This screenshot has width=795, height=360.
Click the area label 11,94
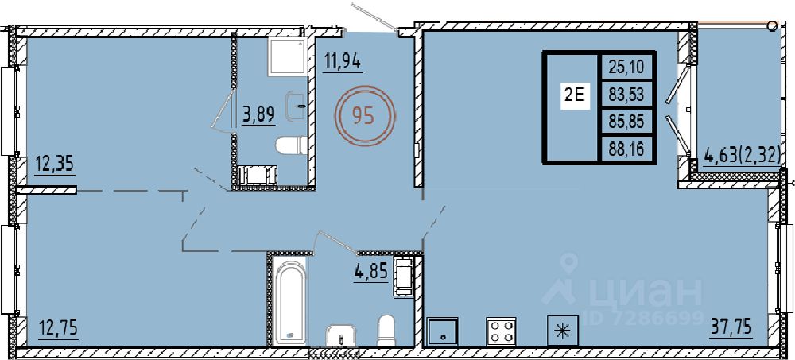(x=342, y=62)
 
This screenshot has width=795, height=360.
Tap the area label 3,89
(x=258, y=114)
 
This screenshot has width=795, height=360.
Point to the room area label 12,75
(x=58, y=328)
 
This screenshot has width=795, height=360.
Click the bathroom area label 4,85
(x=371, y=273)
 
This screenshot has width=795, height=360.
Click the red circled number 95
(x=363, y=116)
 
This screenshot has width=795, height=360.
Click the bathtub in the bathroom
(x=290, y=302)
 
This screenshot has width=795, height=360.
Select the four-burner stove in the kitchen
(x=501, y=331)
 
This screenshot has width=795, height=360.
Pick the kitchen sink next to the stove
(x=442, y=331)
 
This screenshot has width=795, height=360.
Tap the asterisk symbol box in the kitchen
(x=561, y=331)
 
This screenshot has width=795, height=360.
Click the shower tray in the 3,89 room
(x=287, y=56)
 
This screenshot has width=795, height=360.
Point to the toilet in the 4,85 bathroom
(x=387, y=331)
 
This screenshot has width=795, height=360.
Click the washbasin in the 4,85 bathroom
(x=341, y=336)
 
